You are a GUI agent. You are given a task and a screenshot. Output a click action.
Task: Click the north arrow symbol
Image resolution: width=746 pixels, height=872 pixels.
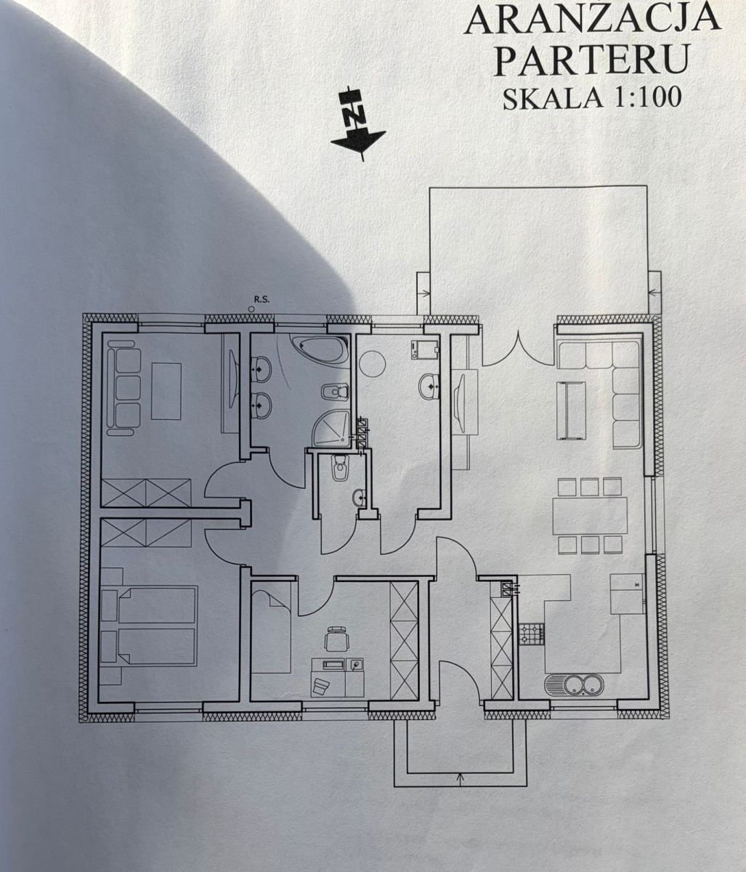pyautogui.click(x=358, y=124)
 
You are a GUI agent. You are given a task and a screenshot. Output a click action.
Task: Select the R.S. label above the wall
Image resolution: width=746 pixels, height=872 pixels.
pyautogui.click(x=261, y=300)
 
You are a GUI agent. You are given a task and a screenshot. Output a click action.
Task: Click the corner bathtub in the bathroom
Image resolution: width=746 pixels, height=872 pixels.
pyautogui.click(x=320, y=349)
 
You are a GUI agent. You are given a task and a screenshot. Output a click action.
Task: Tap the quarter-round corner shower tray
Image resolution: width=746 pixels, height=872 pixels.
pyautogui.click(x=333, y=429)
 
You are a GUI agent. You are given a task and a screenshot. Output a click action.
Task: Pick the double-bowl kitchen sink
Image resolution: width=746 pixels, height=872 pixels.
pyautogui.click(x=574, y=685)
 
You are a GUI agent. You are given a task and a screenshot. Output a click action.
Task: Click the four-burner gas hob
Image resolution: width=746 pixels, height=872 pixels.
pyautogui.click(x=531, y=634)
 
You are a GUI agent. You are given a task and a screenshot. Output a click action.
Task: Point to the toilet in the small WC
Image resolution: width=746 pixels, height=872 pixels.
pyautogui.click(x=338, y=467)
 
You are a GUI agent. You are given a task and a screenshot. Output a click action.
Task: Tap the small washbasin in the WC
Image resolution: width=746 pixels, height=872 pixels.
pyautogui.click(x=360, y=498)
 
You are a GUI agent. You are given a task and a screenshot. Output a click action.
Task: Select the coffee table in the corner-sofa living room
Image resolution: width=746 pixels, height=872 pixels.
pyautogui.click(x=572, y=411)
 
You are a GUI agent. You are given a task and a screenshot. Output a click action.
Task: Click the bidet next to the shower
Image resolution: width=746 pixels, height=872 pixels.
pyautogui.click(x=336, y=392)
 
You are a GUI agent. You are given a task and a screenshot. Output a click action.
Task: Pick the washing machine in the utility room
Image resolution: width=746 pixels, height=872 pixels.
pyautogui.click(x=426, y=350)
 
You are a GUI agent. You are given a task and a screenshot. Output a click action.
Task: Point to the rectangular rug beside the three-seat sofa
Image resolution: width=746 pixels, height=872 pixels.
pyautogui.click(x=166, y=391)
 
